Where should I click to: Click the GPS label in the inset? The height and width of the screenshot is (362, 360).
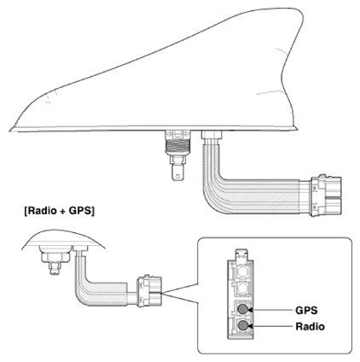[x=306, y=310]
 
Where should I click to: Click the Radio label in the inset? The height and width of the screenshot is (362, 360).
[x=310, y=326]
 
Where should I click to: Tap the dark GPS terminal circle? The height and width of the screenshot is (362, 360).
[x=243, y=309]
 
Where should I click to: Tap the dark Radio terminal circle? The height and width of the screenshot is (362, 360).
[x=243, y=326]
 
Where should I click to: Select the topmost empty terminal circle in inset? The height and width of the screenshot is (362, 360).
[x=243, y=272]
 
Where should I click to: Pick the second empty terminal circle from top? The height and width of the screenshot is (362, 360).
[x=243, y=289]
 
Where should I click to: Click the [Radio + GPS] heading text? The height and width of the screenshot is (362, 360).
[x=60, y=211]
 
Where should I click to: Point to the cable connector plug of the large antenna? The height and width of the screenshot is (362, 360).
[x=326, y=196]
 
